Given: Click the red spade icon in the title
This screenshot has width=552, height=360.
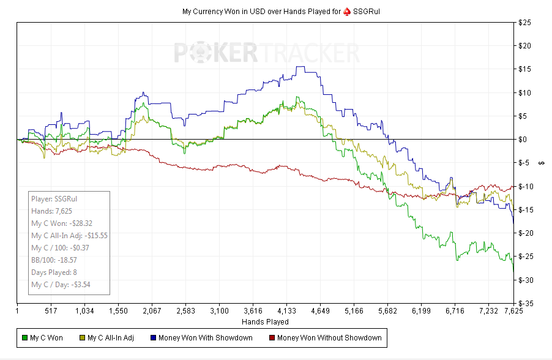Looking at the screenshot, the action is pyautogui.click(x=347, y=12).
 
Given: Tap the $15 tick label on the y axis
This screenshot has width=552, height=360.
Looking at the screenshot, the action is pyautogui.click(x=524, y=69).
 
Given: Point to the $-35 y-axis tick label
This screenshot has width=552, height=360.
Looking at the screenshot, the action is pyautogui.click(x=526, y=303).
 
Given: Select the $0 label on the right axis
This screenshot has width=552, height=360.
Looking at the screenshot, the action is pyautogui.click(x=523, y=140).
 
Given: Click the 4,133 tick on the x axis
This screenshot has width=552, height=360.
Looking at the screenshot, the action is pyautogui.click(x=286, y=311).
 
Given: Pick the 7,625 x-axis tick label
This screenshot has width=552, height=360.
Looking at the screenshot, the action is pyautogui.click(x=513, y=311).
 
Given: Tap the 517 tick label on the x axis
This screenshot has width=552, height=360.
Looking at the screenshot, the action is pyautogui.click(x=51, y=311).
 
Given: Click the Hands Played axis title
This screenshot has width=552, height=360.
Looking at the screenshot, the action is pyautogui.click(x=265, y=322).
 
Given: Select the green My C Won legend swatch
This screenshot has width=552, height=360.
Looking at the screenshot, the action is pyautogui.click(x=24, y=338).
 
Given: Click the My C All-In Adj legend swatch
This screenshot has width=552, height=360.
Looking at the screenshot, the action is pyautogui.click(x=83, y=338).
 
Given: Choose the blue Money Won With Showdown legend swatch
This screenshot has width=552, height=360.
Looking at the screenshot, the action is pyautogui.click(x=153, y=338).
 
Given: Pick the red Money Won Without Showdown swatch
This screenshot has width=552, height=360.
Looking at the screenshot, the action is pyautogui.click(x=272, y=338).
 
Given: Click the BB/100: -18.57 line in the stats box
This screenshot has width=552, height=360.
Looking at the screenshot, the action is pyautogui.click(x=54, y=260).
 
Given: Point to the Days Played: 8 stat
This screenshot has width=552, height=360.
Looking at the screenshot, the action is pyautogui.click(x=54, y=272).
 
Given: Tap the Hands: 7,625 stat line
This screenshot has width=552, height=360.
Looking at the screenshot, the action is pyautogui.click(x=51, y=211).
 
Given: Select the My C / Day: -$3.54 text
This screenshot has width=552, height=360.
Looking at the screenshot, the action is pyautogui.click(x=61, y=285).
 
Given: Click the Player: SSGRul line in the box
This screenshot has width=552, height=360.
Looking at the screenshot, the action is pyautogui.click(x=54, y=199).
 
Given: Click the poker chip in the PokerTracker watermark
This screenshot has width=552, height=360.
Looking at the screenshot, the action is pyautogui.click(x=201, y=53).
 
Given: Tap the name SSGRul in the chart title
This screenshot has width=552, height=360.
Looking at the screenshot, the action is pyautogui.click(x=367, y=12).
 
